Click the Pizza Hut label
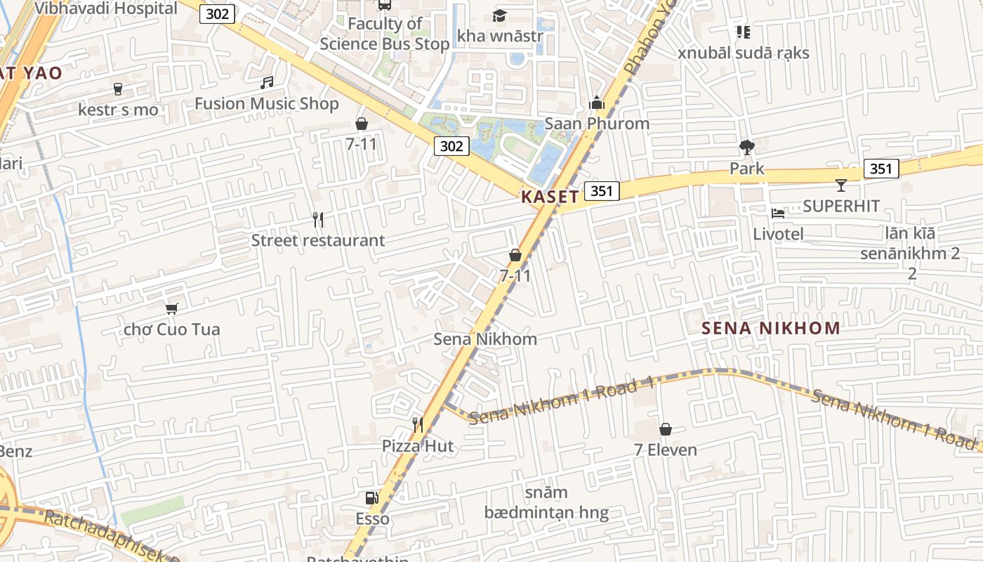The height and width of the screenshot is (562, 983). click(x=418, y=446)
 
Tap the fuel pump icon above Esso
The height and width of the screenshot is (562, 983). click(x=371, y=498)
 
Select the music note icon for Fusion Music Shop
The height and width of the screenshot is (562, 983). click(x=267, y=83)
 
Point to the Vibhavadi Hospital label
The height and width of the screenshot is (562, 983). click(x=106, y=8)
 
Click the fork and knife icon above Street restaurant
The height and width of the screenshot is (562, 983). click(x=318, y=220)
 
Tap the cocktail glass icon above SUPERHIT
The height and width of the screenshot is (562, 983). click(x=841, y=185)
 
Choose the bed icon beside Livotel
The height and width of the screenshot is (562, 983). click(x=778, y=213)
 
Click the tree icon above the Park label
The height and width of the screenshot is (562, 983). click(x=746, y=148)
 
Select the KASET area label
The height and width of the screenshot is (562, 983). click(x=550, y=197)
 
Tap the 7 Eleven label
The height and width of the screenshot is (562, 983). click(x=666, y=450)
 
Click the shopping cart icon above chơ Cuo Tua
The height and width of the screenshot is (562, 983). click(x=171, y=308)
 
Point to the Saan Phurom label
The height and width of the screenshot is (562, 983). click(x=597, y=124)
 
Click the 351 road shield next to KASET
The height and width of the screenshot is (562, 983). click(x=602, y=191)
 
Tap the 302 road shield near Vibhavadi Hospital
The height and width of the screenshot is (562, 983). click(x=217, y=14)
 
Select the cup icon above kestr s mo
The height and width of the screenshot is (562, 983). click(x=118, y=89)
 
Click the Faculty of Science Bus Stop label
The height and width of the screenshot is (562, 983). click(x=385, y=34)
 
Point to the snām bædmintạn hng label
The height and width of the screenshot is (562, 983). click(x=546, y=502)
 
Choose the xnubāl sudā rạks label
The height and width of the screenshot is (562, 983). click(x=744, y=53)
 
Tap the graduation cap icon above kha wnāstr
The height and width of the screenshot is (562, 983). click(x=500, y=15)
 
